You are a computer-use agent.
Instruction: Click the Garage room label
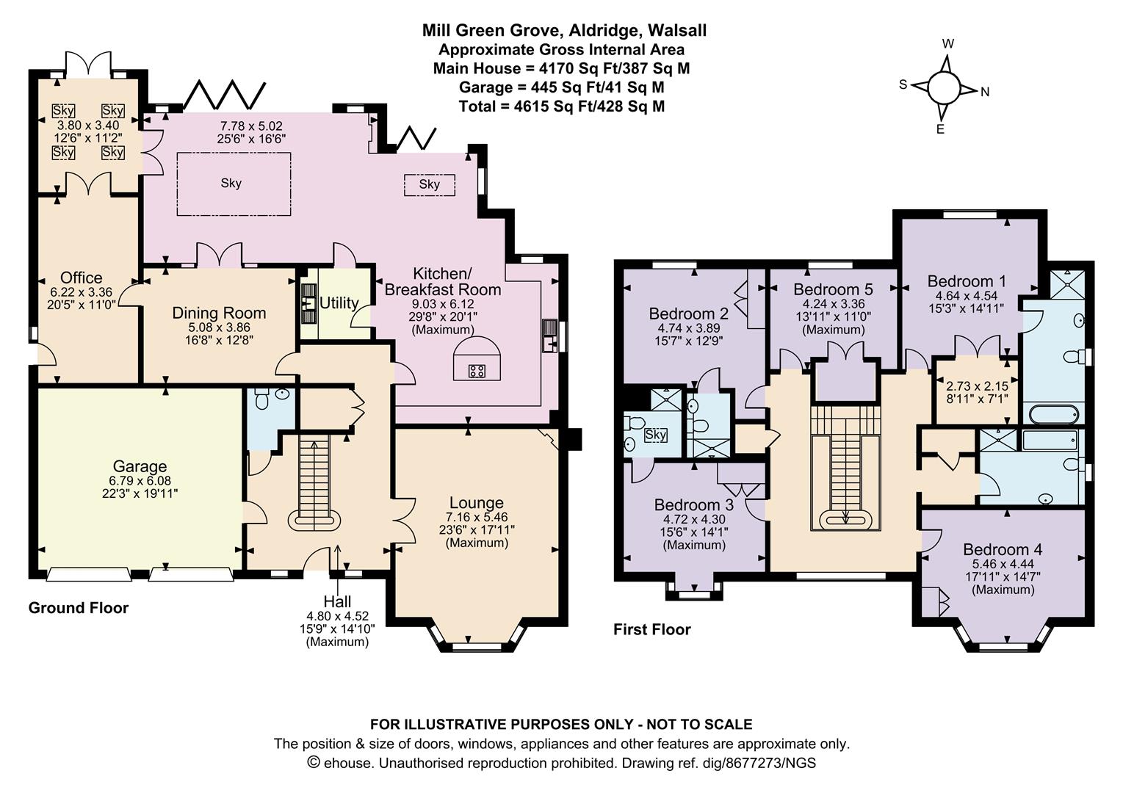140,466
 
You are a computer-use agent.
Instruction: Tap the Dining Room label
219,313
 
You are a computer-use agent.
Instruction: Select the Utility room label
339,303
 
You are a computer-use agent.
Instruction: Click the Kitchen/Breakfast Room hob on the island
476,371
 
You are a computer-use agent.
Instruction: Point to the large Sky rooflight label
231,183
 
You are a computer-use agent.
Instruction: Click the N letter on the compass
985,92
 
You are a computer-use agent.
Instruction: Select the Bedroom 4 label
1002,549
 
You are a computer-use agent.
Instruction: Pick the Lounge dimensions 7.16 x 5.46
476,517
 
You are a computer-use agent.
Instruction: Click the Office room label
81,278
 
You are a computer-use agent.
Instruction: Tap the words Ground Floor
78,608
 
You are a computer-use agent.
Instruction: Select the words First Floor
651,629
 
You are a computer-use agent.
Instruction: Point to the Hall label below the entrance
337,602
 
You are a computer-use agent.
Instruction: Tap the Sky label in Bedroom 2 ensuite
655,435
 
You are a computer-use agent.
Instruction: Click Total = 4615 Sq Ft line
561,106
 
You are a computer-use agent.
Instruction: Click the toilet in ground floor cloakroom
262,399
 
